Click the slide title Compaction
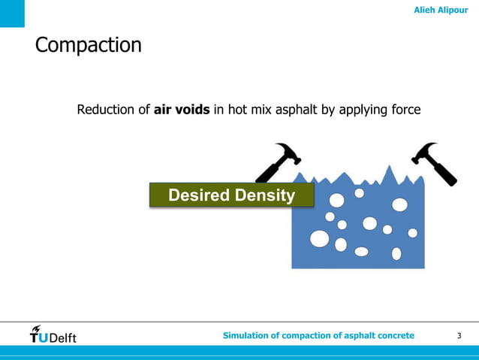coord(88,45)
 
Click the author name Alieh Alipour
coord(440,10)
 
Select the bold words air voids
coord(182,110)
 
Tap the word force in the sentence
coord(405,110)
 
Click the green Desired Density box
coord(231,195)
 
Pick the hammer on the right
coord(435,161)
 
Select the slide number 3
coord(459,335)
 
